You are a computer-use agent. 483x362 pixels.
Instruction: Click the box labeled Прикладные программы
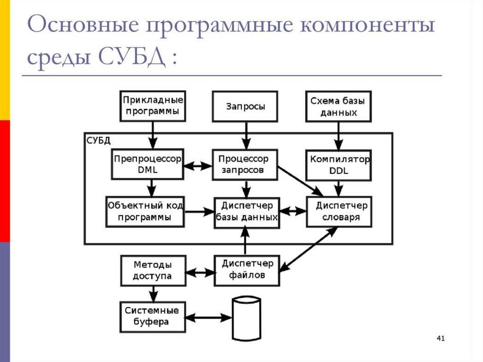pos(152,106)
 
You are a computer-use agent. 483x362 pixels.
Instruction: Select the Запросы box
pos(245,106)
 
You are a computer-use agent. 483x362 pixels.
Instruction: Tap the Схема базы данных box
pos(338,106)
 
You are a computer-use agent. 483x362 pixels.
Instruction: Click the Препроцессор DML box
pos(148,164)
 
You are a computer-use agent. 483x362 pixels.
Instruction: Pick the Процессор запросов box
pos(245,165)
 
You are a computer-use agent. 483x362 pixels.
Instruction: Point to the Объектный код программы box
pos(145,211)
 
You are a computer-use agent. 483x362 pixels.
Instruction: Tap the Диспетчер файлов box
pos(247,270)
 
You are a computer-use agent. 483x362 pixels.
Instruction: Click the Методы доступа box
pos(152,270)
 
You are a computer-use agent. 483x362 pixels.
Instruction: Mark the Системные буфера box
pos(152,317)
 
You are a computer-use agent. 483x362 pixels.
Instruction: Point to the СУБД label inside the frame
pos(98,140)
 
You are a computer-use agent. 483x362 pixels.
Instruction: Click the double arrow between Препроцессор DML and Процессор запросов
pos(198,166)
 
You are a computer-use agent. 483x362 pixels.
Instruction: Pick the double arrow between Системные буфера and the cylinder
pos(209,318)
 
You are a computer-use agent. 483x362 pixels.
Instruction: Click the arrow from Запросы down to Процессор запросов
pos(245,135)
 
